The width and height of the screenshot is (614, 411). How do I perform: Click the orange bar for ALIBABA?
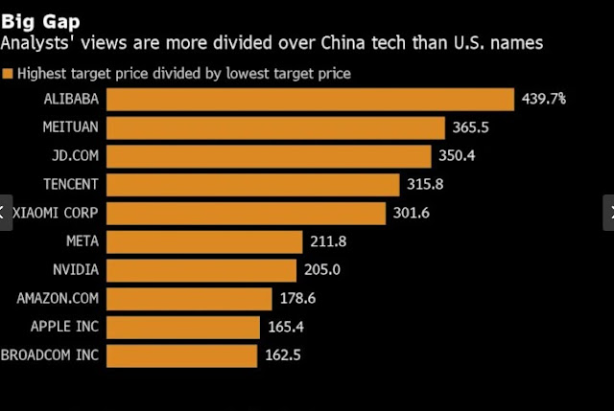point(310,99)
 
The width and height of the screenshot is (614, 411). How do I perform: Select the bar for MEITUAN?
point(275,127)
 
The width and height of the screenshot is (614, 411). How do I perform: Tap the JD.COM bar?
point(269,156)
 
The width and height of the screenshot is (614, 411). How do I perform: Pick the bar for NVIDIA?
point(201,269)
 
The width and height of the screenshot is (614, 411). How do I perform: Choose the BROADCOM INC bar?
point(181,355)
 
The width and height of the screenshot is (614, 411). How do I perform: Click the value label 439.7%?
point(543,99)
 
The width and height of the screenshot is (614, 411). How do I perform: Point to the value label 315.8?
point(426,185)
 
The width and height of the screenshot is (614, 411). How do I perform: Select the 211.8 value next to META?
point(330,241)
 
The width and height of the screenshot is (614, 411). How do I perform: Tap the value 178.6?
point(296,298)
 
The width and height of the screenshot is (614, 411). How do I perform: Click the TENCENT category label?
point(72,185)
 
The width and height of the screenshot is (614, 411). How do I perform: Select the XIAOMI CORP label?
point(56,213)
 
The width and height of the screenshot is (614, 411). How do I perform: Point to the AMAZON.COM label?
point(59,298)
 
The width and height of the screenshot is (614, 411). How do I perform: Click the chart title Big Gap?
point(40,19)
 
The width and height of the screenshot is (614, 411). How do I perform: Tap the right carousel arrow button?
point(607,213)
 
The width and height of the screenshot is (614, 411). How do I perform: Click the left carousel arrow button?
point(4,213)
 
